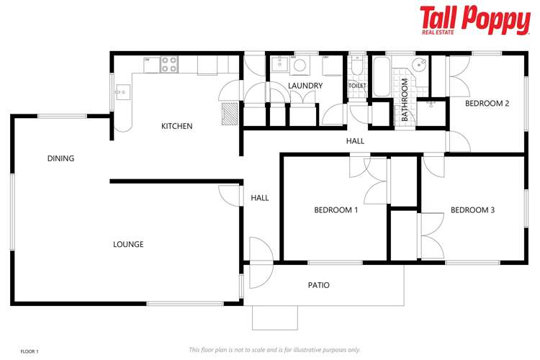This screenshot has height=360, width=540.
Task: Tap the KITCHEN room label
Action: (x=176, y=127)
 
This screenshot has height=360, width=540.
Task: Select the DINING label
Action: (x=61, y=158)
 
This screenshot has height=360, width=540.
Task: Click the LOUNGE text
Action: (x=128, y=245)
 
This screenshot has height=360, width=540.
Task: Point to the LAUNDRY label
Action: (x=305, y=86)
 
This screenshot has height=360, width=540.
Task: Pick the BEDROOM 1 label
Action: (x=336, y=211)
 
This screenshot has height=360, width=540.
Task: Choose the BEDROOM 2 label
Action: (x=487, y=104)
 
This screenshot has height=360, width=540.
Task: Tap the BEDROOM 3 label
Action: (x=472, y=211)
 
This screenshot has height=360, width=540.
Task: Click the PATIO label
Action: (x=319, y=286)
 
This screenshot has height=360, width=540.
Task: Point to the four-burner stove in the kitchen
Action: (x=169, y=65)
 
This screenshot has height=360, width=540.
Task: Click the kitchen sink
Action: (x=122, y=91)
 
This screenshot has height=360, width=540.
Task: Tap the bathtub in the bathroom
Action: (x=380, y=72)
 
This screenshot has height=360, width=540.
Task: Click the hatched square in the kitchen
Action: (x=229, y=113)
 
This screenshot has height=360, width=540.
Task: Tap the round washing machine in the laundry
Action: (x=300, y=66)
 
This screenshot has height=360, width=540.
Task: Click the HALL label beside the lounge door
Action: (x=259, y=198)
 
